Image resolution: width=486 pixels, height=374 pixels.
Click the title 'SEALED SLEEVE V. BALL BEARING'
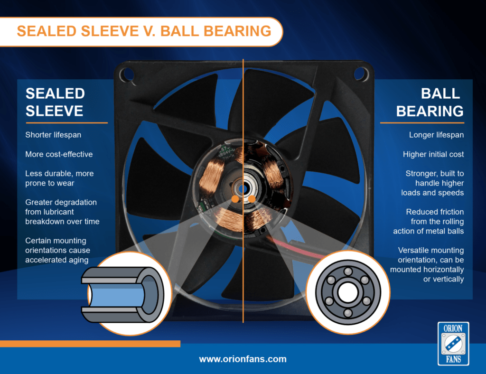click(x=144, y=31)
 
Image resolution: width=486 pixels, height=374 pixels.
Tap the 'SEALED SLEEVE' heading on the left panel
click(x=55, y=102)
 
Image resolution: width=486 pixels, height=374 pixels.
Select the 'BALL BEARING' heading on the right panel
click(x=430, y=102)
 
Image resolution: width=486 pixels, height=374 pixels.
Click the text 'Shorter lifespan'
click(x=53, y=135)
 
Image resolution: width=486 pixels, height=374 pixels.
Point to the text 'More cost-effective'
click(x=59, y=154)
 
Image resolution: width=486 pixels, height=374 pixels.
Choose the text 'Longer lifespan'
click(x=436, y=135)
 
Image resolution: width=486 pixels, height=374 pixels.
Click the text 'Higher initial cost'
click(x=433, y=154)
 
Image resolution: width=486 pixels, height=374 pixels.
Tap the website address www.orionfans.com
click(x=243, y=359)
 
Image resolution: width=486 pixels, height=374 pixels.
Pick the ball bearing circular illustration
click(x=348, y=292)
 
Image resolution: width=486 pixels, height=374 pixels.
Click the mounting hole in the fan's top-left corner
click(x=126, y=74)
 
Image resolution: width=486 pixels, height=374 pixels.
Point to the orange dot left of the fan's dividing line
click(x=234, y=198)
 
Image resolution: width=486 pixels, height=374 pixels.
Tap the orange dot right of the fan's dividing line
click(x=252, y=198)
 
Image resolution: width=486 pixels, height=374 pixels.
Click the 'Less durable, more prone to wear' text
click(x=59, y=178)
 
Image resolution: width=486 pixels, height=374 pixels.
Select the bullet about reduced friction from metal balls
click(x=429, y=221)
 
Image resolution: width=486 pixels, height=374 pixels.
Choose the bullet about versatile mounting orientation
click(x=427, y=264)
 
